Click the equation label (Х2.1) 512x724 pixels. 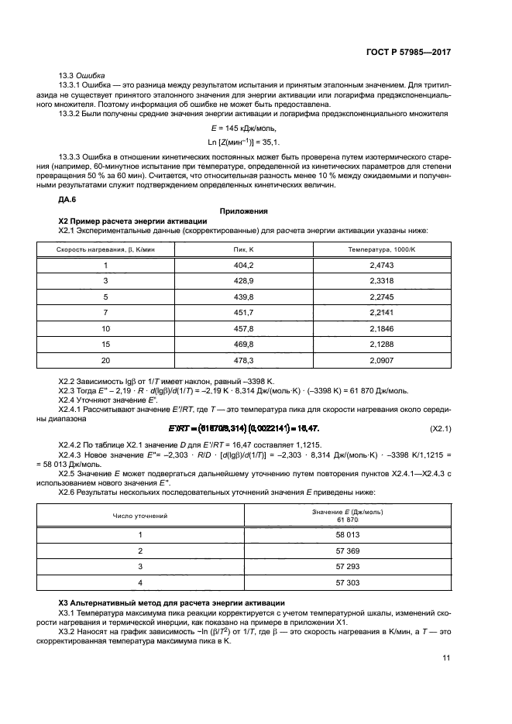pos(440,428)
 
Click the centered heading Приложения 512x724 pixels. pos(244,211)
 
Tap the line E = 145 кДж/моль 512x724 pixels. pos(243,128)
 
